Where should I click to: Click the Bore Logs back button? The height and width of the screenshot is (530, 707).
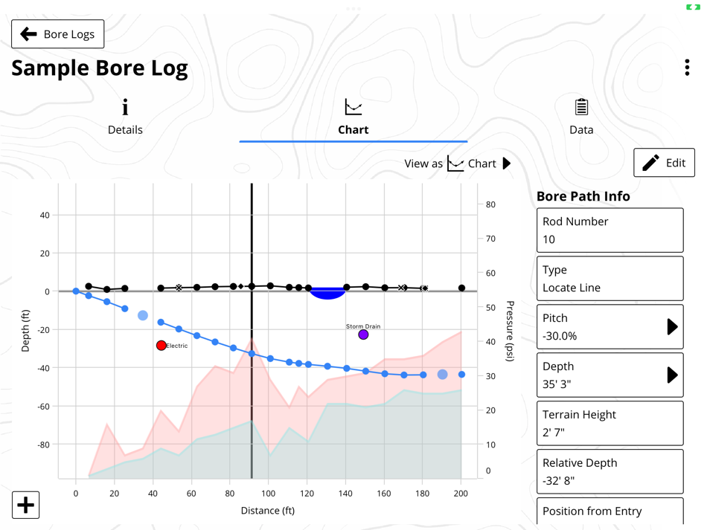coord(57,34)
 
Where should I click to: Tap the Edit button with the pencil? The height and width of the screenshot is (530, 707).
coord(664,163)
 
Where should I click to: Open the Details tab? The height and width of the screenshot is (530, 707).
coord(125,117)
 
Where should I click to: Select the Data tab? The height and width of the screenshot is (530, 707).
coord(581,117)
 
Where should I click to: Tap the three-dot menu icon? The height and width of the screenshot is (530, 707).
coord(687,68)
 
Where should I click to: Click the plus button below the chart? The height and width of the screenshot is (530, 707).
coord(25,505)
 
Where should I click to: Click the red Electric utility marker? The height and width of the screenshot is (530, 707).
coord(161,346)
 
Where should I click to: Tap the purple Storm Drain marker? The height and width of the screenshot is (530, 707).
coord(363,335)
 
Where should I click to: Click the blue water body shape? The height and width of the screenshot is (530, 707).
coord(327,293)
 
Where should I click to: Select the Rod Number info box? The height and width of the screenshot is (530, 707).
coord(610,230)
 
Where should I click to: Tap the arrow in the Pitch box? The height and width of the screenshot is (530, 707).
coord(672,326)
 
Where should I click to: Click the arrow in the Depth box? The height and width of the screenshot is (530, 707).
coord(672,375)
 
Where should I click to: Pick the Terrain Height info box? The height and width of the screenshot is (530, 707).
coord(610,423)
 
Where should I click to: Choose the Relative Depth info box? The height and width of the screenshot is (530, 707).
coord(610,471)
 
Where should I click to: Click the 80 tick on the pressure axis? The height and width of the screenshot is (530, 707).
coord(491,204)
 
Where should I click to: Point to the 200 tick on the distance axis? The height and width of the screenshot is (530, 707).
coord(461,493)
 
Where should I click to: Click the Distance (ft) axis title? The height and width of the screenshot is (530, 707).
coord(268,511)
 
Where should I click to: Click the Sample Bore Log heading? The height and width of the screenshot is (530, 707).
coord(99,68)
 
